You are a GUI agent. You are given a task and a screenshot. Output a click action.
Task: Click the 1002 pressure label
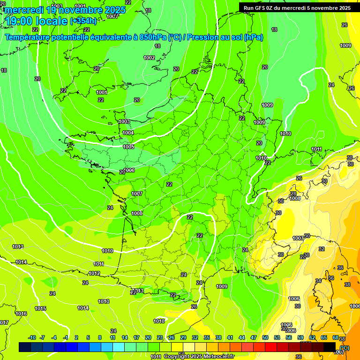tap(149, 58)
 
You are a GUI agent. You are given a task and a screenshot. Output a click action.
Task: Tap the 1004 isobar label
tap(128, 133)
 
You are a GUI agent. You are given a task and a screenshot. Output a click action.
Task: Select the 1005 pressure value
tap(128, 147)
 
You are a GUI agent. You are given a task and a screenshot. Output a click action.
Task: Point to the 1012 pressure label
tap(94, 273)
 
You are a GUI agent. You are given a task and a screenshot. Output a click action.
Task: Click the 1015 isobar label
tap(40, 308)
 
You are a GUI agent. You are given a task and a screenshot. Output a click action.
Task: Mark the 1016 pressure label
tap(21, 314)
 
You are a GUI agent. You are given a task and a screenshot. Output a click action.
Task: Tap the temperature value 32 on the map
tap(322, 249)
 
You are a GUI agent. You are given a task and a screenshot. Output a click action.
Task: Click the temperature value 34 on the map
tap(318, 281)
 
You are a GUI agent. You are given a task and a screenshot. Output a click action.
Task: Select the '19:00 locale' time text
tap(36, 21)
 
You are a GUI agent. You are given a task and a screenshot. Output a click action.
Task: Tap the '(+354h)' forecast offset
tap(83, 21)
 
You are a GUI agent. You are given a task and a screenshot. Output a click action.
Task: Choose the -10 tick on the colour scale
tap(32, 337)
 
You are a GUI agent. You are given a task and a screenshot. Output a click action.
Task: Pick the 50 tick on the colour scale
tap(265, 337)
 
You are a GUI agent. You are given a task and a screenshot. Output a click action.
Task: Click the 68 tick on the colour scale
tap(336, 337)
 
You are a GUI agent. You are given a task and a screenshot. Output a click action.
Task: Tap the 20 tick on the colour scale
tap(148, 337)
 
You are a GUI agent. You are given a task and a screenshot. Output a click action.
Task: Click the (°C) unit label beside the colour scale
tap(345, 347)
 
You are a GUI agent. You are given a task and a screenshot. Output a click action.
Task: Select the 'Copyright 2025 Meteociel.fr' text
tap(199, 356)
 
